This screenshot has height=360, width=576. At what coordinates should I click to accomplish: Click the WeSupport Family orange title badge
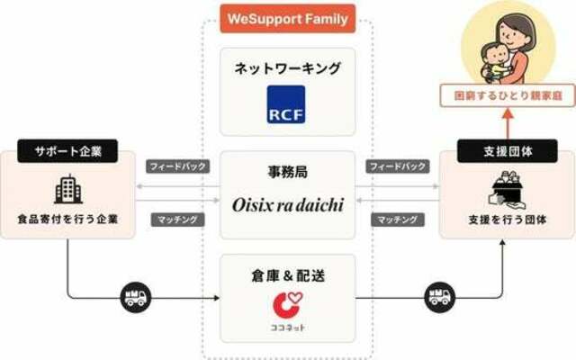click(288, 19)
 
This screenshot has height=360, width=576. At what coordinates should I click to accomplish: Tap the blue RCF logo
click(286, 104)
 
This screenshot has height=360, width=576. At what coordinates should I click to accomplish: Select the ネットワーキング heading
click(288, 68)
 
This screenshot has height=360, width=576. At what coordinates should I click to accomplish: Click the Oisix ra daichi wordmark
click(288, 205)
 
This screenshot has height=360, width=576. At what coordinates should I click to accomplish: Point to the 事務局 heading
click(288, 172)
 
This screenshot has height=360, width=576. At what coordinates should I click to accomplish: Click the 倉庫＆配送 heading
click(288, 275)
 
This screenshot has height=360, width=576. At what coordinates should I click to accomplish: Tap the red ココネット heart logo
click(287, 304)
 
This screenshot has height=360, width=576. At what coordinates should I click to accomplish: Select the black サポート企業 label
click(67, 151)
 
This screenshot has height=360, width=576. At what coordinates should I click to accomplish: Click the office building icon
click(68, 189)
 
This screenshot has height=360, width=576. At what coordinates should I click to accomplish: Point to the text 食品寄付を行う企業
click(68, 220)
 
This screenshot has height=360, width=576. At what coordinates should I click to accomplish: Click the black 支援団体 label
click(508, 151)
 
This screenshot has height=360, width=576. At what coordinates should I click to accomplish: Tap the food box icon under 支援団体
click(507, 190)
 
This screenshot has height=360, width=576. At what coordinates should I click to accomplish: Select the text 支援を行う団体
click(508, 220)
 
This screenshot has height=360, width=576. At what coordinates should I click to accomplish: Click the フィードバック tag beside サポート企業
click(178, 166)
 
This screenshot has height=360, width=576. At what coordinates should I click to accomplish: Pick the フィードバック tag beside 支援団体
click(398, 166)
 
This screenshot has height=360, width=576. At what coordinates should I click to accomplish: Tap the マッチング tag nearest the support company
click(178, 220)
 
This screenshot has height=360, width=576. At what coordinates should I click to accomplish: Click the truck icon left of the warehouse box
click(136, 297)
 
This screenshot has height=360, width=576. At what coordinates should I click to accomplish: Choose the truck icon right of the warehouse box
click(440, 297)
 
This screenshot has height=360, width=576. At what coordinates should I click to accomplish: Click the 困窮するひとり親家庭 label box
click(508, 96)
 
